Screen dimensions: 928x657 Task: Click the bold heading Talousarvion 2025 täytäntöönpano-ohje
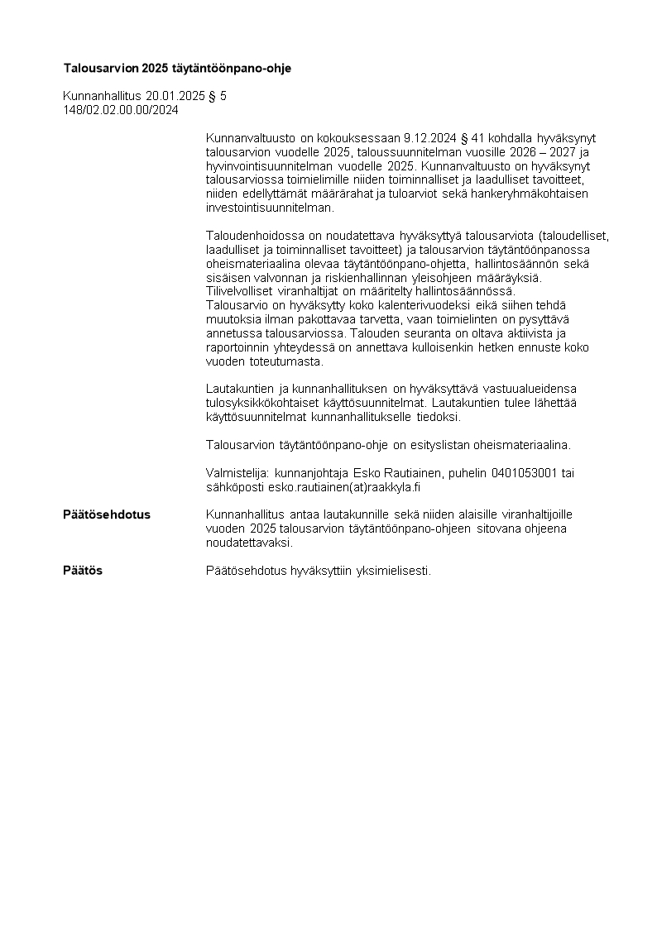[177, 67]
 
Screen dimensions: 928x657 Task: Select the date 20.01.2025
[175, 96]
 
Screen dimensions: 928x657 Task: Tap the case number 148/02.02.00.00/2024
[121, 109]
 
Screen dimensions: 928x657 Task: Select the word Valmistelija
[232, 473]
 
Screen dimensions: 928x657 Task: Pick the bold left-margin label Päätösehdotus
[107, 514]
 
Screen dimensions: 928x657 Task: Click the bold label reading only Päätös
[83, 571]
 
